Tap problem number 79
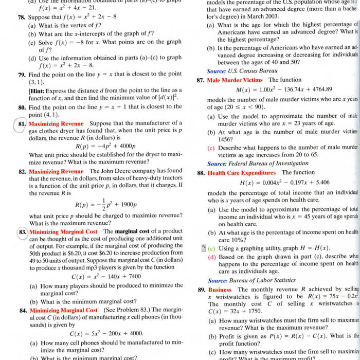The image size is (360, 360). [22, 75]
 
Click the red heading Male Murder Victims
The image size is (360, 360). [235, 80]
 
